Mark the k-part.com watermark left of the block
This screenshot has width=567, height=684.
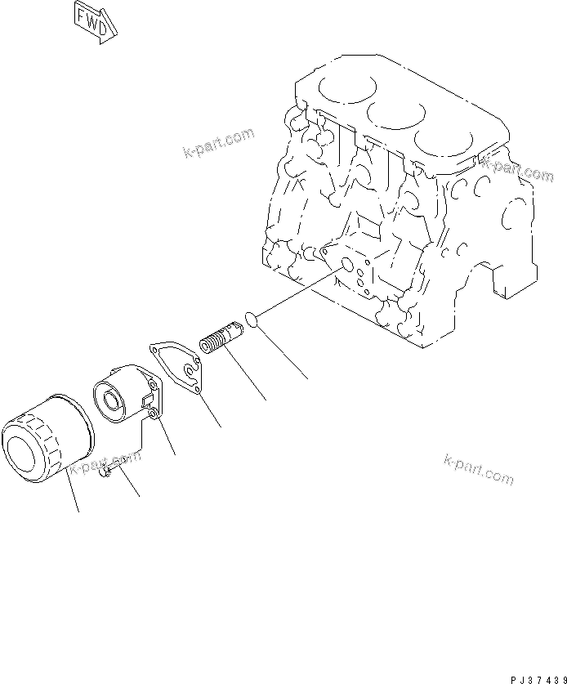(218, 144)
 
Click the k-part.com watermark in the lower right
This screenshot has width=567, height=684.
(480, 467)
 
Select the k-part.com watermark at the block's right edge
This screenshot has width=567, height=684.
(517, 169)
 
